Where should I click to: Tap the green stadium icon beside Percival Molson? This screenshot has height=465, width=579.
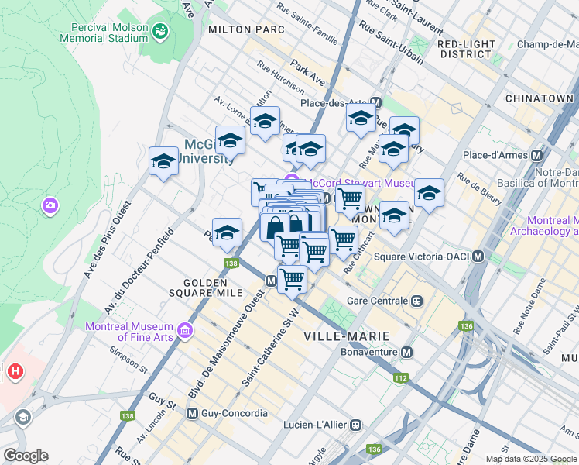[x=161, y=31]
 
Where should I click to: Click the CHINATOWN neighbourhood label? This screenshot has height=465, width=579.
[x=538, y=98]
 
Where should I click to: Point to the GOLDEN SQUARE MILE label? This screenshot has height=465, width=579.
[x=214, y=288]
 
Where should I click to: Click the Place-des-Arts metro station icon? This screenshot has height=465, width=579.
[x=376, y=102]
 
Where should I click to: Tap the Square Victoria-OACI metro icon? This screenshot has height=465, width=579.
[x=478, y=257]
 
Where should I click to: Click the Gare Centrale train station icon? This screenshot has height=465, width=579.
[x=416, y=301]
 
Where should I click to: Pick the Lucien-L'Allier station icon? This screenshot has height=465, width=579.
[x=355, y=425]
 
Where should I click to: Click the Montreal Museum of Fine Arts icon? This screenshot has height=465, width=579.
[x=184, y=332]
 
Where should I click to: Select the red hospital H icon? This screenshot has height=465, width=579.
[x=13, y=372]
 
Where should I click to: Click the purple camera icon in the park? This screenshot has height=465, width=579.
[x=50, y=205]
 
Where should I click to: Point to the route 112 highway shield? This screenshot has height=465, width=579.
[x=399, y=378]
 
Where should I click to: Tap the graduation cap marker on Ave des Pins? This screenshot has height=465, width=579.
[x=163, y=162]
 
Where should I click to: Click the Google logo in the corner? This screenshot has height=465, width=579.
[x=26, y=456]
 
